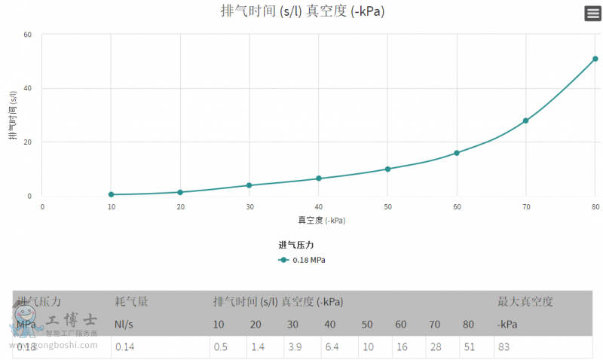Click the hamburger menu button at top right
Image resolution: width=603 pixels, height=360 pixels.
click(592, 13)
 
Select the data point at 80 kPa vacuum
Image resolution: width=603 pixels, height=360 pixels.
click(595, 59)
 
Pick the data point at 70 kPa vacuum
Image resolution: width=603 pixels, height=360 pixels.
click(525, 121)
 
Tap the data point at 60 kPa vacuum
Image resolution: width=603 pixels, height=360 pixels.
click(457, 153)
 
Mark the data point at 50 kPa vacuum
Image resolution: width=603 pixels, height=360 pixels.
click(387, 169)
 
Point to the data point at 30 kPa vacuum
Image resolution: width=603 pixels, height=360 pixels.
click(249, 185)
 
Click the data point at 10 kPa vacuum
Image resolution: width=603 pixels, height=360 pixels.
click(111, 194)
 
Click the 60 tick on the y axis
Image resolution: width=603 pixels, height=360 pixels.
click(27, 35)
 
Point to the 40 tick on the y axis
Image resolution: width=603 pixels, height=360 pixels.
click(27, 88)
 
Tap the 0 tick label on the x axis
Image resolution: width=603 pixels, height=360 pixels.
click(42, 206)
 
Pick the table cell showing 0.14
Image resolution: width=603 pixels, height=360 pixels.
click(124, 346)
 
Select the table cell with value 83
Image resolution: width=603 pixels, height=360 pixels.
click(505, 346)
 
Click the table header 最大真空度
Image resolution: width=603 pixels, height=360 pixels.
click(525, 302)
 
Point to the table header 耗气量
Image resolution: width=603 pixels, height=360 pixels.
click(131, 302)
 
